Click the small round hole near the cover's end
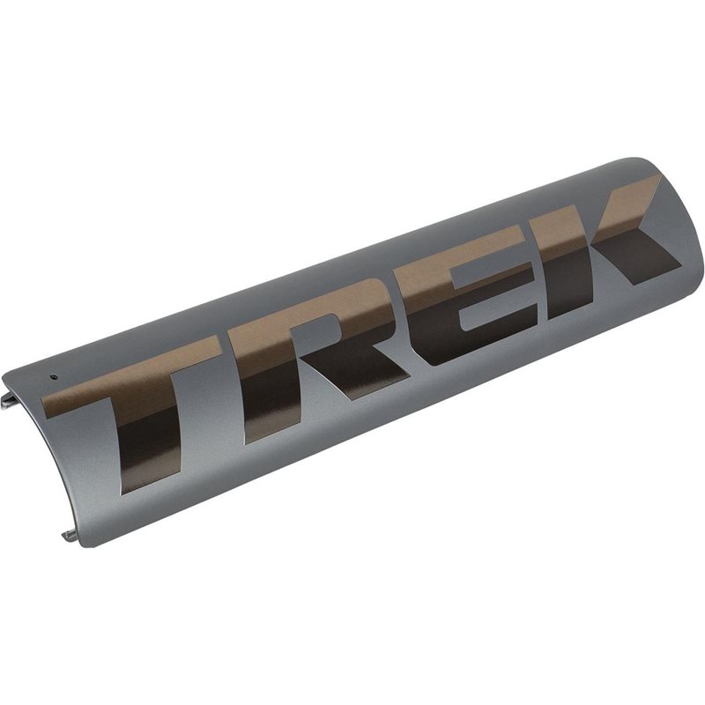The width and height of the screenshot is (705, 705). coord(54,377)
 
